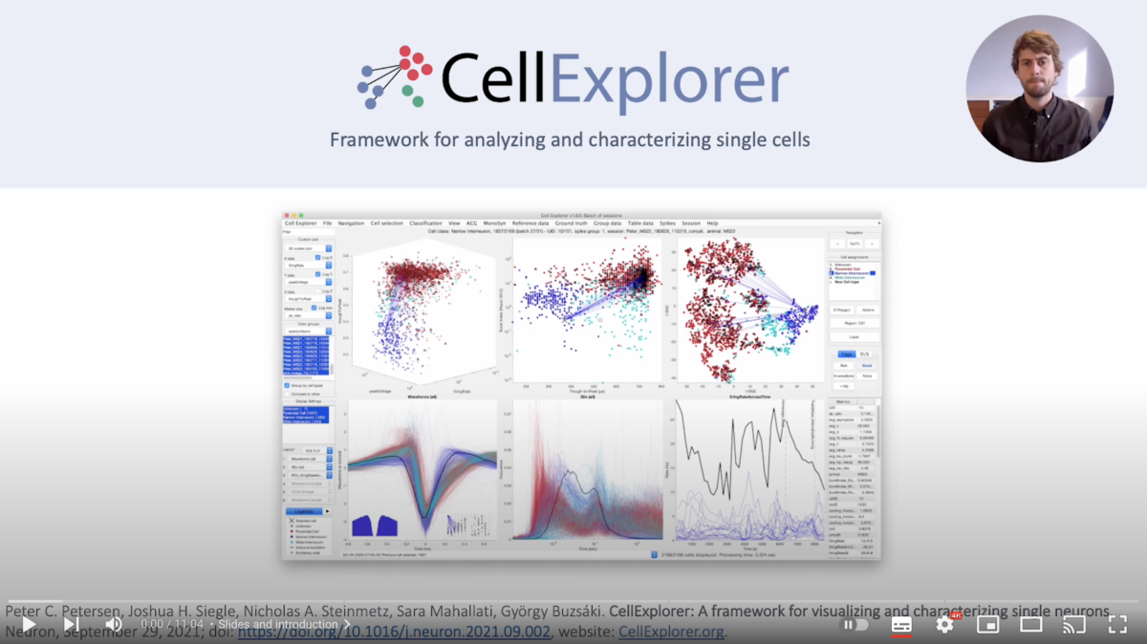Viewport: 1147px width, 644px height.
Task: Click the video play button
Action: pos(29,624)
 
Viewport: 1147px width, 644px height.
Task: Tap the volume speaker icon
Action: pos(114,624)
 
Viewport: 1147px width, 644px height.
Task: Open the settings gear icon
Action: pos(944,624)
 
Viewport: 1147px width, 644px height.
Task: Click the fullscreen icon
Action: pos(1116,624)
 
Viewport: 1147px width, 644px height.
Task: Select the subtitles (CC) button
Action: pos(900,624)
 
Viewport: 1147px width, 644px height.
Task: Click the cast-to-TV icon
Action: pos(1074,624)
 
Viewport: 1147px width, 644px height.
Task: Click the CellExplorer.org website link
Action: pos(672,632)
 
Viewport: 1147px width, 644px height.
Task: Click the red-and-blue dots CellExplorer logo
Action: pos(395,77)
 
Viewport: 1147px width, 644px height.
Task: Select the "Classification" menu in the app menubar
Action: pos(425,223)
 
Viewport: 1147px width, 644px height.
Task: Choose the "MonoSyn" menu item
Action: pos(495,223)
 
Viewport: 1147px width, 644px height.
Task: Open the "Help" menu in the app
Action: pos(712,223)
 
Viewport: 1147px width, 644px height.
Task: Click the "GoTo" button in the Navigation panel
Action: pos(855,244)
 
